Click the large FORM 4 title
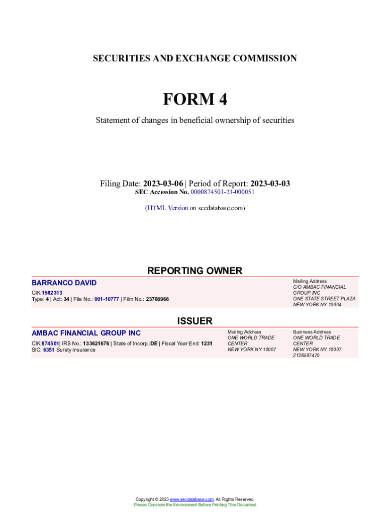point(195,100)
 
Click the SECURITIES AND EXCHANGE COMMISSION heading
point(195,58)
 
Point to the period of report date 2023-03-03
point(270,184)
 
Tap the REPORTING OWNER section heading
point(195,271)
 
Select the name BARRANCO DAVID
point(64,283)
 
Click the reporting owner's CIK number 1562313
point(52,292)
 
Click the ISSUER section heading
point(195,321)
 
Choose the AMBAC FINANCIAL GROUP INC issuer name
point(86,333)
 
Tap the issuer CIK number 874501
point(50,344)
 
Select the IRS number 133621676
point(96,344)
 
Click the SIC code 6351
point(48,350)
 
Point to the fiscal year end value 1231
point(207,344)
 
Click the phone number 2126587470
point(306,355)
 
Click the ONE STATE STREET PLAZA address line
point(324,298)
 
